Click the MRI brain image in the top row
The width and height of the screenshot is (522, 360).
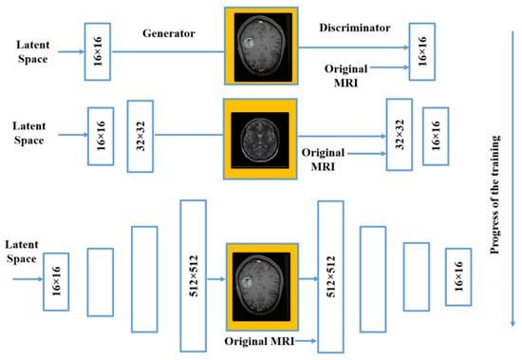point(261,45)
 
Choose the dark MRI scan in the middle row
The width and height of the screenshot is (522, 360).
point(261,133)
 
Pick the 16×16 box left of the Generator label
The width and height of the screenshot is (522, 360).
point(98,39)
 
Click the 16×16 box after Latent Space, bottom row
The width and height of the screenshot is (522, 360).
point(56,281)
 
